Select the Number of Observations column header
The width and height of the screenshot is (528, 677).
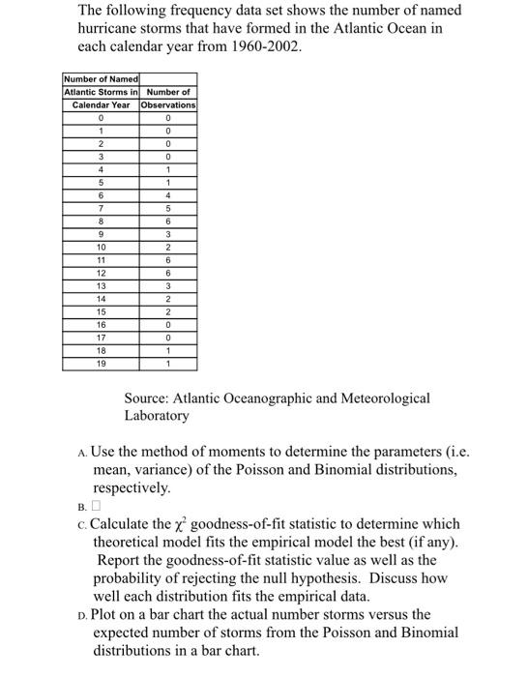click(x=168, y=98)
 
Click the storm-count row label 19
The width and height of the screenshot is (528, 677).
click(x=102, y=364)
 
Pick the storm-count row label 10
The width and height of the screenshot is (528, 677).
click(x=102, y=247)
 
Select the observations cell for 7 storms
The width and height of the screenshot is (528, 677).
click(x=168, y=207)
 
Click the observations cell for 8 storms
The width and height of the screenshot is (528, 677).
click(x=168, y=221)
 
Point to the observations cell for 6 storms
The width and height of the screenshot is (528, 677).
click(x=168, y=194)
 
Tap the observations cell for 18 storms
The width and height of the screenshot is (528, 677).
click(x=168, y=350)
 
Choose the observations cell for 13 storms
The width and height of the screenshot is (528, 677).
click(x=168, y=285)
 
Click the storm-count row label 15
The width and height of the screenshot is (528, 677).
click(x=102, y=311)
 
